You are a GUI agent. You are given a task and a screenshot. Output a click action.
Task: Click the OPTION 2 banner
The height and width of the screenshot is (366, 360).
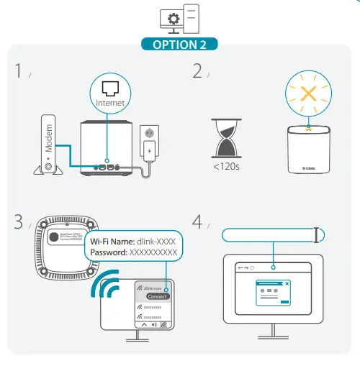coord(180,43)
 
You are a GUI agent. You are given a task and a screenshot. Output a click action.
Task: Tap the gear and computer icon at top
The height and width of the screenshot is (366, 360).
coord(180,18)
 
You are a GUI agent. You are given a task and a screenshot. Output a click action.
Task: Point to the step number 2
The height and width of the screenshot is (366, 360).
coord(197,70)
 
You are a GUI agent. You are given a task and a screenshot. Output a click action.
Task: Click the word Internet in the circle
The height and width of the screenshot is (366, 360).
coord(111,103)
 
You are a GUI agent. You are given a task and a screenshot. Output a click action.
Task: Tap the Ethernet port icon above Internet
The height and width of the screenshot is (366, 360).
coord(111,88)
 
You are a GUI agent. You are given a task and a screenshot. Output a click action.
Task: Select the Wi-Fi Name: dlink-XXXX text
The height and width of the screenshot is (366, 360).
coord(134,242)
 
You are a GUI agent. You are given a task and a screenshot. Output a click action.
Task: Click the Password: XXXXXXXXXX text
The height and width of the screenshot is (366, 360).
coord(134,254)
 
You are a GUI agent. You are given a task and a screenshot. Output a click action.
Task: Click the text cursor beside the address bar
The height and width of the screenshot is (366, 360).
coord(318,234)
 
